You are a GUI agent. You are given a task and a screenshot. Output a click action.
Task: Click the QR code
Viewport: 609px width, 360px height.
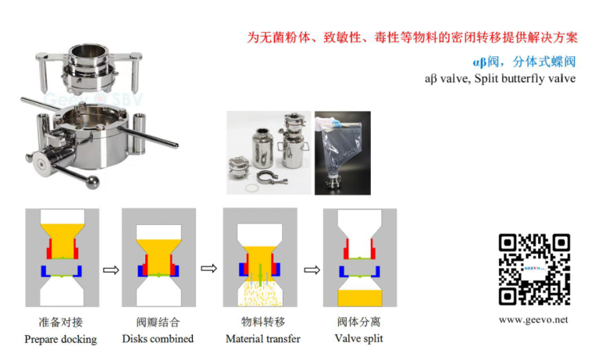pos(534,269)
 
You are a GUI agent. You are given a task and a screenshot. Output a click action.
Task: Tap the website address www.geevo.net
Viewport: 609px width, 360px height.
pos(533,319)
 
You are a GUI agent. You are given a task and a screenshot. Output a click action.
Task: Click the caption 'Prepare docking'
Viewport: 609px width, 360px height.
pos(61,339)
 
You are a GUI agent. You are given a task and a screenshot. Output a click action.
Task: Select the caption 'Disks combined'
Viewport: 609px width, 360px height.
pos(158,339)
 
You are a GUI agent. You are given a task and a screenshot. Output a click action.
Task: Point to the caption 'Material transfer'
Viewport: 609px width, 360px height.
pos(263,339)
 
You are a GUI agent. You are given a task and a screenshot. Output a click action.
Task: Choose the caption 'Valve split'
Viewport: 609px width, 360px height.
pos(359,338)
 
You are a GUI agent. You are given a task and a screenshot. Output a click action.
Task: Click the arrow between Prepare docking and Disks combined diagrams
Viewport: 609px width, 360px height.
pos(111,270)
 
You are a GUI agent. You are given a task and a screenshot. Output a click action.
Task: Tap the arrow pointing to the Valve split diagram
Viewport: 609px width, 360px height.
pos(312,269)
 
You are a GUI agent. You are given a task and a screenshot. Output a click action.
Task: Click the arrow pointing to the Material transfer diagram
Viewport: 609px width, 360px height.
pos(209,269)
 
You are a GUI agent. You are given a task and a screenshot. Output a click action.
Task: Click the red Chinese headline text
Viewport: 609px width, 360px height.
pos(412,37)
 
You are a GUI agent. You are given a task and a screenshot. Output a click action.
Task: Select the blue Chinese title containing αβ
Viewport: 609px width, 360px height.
pos(524,62)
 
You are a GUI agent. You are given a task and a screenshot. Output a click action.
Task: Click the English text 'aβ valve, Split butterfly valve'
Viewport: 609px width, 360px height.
pos(500,79)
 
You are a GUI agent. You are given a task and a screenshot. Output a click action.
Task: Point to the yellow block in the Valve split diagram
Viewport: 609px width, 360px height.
pos(360,298)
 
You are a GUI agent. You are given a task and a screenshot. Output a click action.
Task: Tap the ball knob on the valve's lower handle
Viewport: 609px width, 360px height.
pos(93,182)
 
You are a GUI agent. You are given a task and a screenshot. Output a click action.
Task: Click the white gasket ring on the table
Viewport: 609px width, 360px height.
pos(253,188)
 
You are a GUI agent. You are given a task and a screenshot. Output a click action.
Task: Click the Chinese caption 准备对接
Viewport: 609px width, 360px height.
pos(61,322)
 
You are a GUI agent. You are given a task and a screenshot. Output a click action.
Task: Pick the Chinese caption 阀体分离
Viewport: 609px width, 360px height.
pos(359,322)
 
